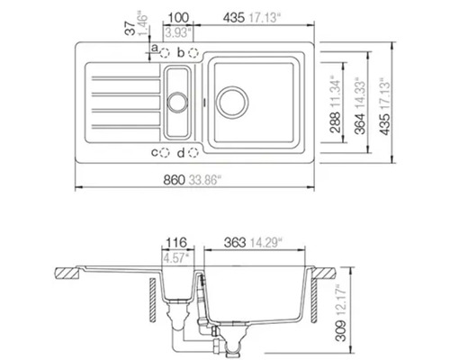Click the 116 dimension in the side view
(x=176, y=243)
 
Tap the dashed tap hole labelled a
(x=166, y=53)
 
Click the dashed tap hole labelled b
(x=193, y=53)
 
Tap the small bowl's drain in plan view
(x=177, y=93)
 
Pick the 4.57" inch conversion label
(x=176, y=257)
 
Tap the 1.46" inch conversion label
(x=142, y=28)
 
